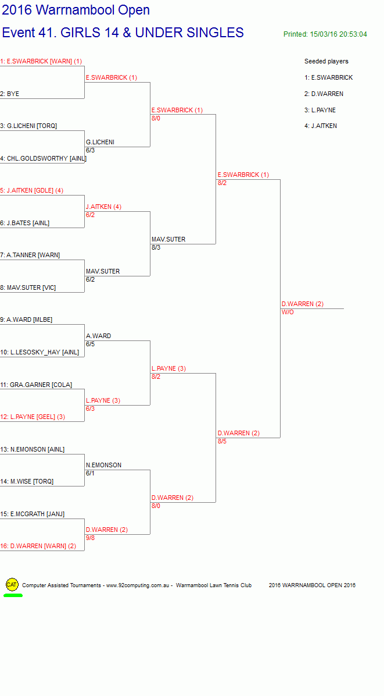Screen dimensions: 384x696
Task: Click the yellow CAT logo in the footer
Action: click(12, 585)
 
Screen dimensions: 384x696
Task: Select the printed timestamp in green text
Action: click(325, 34)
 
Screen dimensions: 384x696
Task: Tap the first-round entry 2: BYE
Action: click(10, 94)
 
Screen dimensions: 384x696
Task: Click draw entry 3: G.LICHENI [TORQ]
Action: click(28, 126)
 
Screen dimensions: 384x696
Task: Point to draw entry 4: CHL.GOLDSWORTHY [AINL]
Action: click(44, 158)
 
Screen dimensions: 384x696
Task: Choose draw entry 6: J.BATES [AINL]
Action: click(25, 223)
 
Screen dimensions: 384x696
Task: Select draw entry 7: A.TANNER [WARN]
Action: click(30, 255)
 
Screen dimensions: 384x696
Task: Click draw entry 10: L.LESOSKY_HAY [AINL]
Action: click(40, 353)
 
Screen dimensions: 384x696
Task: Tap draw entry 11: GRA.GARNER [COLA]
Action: click(36, 385)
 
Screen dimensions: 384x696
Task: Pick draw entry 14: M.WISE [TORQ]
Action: click(27, 482)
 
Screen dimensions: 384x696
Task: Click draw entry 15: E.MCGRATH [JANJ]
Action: click(33, 514)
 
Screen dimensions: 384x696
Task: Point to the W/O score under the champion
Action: click(288, 313)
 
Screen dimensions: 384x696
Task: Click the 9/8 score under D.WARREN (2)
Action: click(91, 538)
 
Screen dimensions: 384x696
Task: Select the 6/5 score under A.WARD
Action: click(91, 344)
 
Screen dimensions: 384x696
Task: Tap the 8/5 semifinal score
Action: click(222, 441)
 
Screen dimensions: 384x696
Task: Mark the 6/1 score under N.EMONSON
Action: click(91, 473)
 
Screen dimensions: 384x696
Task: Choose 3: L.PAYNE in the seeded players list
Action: click(320, 110)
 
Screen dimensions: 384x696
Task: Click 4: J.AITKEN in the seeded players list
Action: click(321, 126)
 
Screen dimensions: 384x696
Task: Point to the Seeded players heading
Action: click(326, 62)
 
